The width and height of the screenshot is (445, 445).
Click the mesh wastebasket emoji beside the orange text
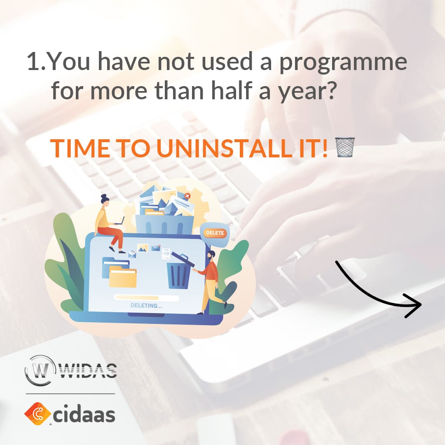[x=345, y=147]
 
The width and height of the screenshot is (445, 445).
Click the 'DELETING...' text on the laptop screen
[x=146, y=306]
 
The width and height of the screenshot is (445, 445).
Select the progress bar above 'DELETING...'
[x=146, y=298]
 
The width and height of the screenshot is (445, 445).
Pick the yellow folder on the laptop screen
[x=123, y=276]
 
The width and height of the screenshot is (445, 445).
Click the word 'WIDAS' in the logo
[x=88, y=371]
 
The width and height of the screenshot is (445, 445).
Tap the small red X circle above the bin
[x=187, y=196]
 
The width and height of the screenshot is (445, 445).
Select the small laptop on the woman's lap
[x=119, y=221]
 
